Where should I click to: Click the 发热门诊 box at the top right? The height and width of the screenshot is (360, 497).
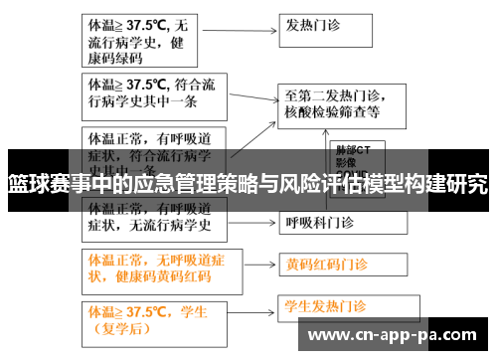(x=339, y=28)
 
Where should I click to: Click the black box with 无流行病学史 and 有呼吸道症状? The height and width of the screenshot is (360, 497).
(x=141, y=218)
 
